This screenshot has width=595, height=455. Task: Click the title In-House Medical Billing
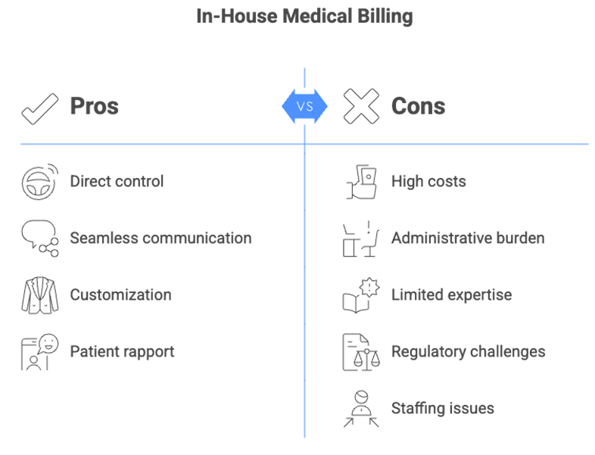[x=304, y=17]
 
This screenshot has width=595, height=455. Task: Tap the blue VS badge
[x=304, y=106]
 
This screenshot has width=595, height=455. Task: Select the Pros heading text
[x=94, y=106]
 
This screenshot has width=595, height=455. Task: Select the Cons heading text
[x=418, y=106]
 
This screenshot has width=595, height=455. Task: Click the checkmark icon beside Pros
[x=39, y=107]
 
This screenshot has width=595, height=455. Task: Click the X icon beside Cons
[x=361, y=107]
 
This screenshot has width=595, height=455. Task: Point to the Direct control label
[x=117, y=181]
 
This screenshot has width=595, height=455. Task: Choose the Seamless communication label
[x=160, y=238]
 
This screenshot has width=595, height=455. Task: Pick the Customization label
[x=120, y=295]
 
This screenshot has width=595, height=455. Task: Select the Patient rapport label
[x=122, y=351]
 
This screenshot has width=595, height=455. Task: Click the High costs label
[x=428, y=181]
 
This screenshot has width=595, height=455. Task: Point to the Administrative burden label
[x=467, y=238]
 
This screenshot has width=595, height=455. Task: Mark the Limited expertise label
[x=451, y=295]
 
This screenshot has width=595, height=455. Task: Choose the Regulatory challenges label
[x=468, y=351]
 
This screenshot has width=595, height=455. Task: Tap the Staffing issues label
[x=442, y=408]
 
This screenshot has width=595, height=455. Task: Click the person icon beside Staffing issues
[x=360, y=409]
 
